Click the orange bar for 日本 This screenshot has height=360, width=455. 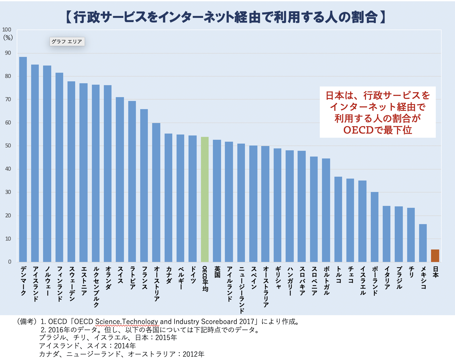tap(435, 256)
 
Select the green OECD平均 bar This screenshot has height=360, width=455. tap(205, 199)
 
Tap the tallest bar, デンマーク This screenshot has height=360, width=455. tap(23, 159)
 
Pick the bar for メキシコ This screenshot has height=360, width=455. tap(423, 243)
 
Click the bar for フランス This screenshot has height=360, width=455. tap(144, 185)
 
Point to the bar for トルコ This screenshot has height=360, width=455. tap(338, 219)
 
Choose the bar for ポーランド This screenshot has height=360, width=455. tap(375, 227)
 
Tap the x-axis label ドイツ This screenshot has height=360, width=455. tap(193, 274)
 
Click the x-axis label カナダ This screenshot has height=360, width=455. tap(169, 274)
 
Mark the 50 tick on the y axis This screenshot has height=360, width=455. tap(8, 146)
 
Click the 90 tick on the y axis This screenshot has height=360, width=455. tap(8, 53)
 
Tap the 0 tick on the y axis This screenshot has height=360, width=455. tap(10, 262)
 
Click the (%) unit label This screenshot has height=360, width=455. tap(8, 37)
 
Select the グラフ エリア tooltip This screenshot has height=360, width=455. tap(67, 42)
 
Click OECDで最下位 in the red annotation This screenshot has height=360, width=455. tap(377, 130)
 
